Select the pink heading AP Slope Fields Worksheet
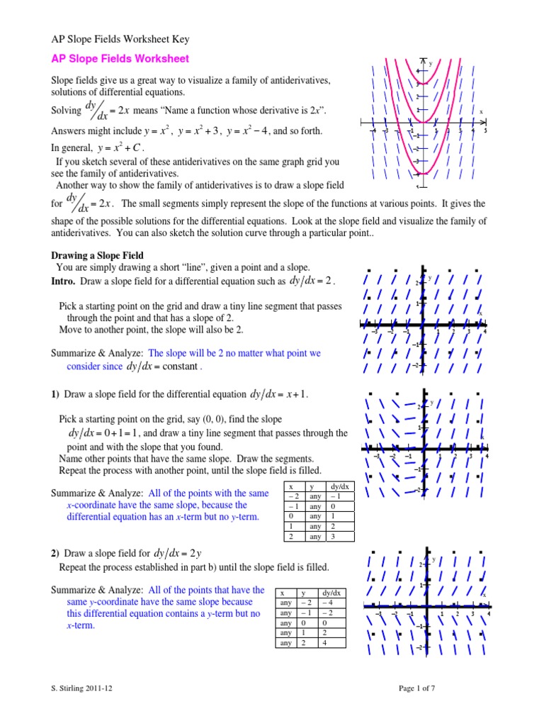119,59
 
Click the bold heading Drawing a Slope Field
97,255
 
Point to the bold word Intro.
63,281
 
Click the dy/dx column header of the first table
339,487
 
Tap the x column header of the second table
283,593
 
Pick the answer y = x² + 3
200,131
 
